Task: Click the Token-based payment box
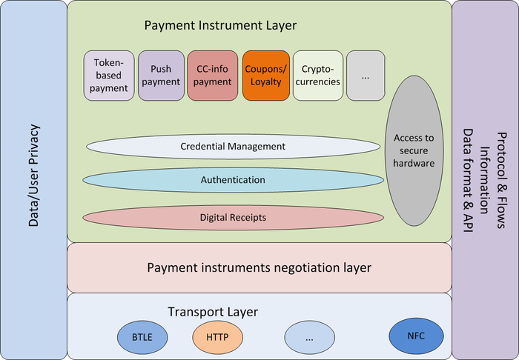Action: pos(109,76)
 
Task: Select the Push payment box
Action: pos(161,76)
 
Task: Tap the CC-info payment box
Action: pos(212,76)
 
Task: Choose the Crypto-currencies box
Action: pos(317,76)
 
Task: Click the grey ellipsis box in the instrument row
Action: pos(366,76)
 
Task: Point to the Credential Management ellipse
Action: pos(232,147)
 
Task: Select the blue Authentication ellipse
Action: pos(232,180)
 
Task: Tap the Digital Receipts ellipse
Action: pos(232,218)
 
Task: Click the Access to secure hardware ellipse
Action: pos(414,150)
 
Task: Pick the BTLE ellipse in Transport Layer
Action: pos(142,338)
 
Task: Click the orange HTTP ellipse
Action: pos(217,338)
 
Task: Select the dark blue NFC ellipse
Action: pos(416,336)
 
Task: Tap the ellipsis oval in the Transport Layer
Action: pos(309,338)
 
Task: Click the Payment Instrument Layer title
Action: pos(220,26)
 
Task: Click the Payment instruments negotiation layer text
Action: pos(259,267)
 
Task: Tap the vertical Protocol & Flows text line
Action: pos(502,180)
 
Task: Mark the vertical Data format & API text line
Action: pos(468,180)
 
